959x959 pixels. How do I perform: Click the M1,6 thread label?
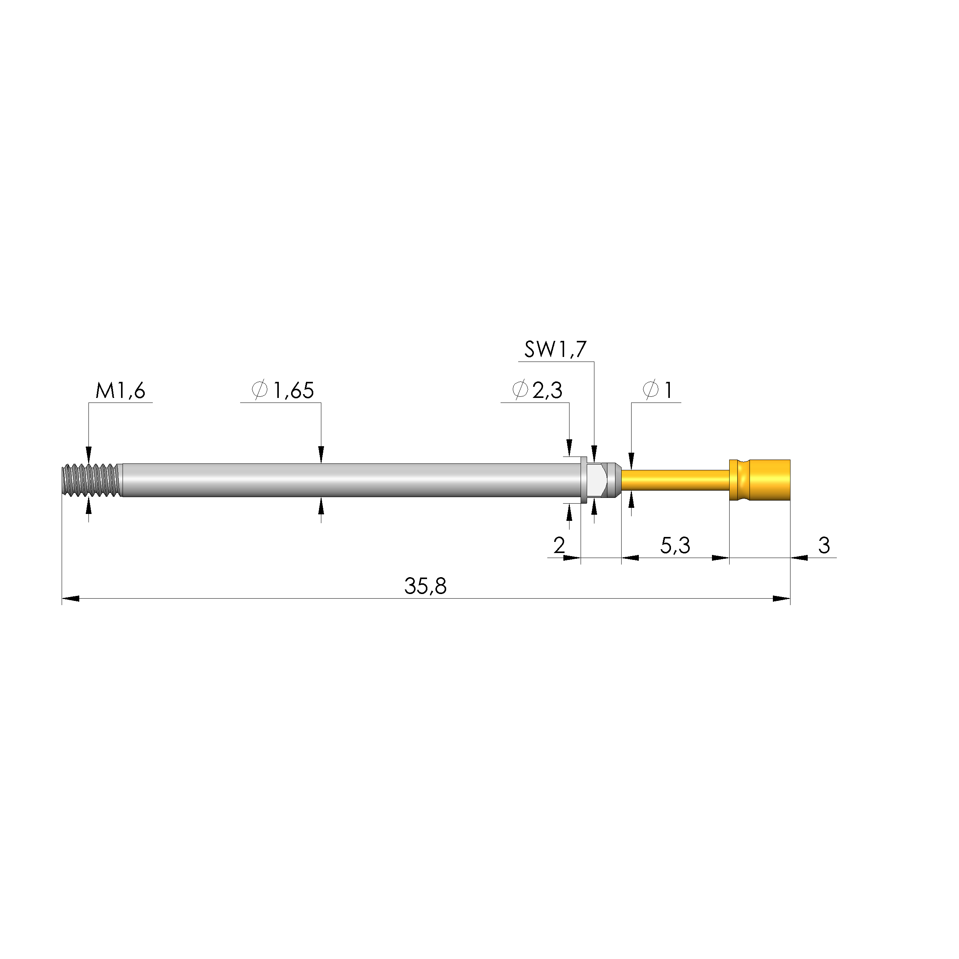tap(120, 391)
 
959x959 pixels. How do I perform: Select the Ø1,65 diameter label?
tap(283, 391)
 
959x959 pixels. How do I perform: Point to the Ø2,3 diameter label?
tap(538, 391)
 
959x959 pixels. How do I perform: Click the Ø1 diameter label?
tap(658, 391)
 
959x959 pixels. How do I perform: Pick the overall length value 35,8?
tap(425, 586)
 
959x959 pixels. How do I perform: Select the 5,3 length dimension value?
tap(675, 545)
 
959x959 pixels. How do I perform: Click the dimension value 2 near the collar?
tap(559, 545)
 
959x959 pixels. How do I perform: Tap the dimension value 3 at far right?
tap(824, 545)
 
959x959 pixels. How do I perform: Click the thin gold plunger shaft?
tap(675, 480)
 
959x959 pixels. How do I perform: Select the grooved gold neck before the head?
tap(739, 480)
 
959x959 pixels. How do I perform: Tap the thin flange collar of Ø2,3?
tap(584, 480)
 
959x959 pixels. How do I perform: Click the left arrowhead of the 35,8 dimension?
tap(70, 599)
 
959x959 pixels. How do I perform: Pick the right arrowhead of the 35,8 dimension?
tap(782, 599)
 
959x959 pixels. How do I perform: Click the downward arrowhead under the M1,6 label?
tap(89, 455)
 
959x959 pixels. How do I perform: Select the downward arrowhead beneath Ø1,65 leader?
tap(321, 455)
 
